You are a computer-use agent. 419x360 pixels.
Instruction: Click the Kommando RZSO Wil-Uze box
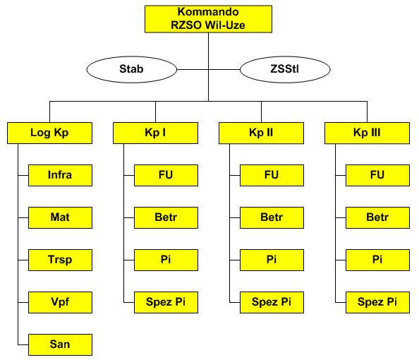coord(208,19)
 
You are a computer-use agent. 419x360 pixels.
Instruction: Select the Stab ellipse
coord(131,69)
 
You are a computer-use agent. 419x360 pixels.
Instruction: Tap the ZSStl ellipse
coord(285,69)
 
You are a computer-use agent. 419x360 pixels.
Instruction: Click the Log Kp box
coord(49,133)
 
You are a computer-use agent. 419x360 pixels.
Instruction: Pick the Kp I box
coord(155,133)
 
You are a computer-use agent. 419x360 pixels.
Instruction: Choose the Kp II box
coord(261,133)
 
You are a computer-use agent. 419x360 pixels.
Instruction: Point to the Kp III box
coord(367,133)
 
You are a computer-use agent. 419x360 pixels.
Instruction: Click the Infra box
coord(60,175)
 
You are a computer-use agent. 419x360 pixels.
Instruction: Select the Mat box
coord(60,217)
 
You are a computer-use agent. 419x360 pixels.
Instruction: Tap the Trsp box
coord(60,260)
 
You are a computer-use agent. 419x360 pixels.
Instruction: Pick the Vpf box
coord(60,302)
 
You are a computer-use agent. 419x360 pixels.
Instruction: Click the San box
coord(60,344)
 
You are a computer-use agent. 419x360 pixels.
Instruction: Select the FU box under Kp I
coord(166,175)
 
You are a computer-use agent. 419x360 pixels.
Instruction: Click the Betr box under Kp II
coord(272,217)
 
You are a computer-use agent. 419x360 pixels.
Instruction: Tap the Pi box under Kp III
coord(377,260)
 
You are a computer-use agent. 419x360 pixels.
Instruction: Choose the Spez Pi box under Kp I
coord(166,302)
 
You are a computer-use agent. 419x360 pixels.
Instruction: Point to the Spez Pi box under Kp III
coord(377,302)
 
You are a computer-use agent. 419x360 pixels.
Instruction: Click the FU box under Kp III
coord(377,175)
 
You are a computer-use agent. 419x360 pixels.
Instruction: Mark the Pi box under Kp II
coord(272,260)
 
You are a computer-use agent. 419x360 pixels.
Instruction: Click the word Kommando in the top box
coord(208,12)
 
